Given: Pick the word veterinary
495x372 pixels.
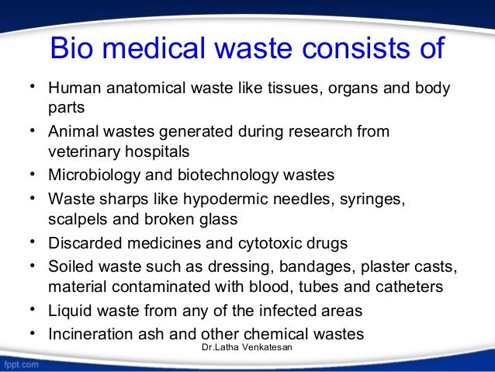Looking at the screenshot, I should tap(81, 151).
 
